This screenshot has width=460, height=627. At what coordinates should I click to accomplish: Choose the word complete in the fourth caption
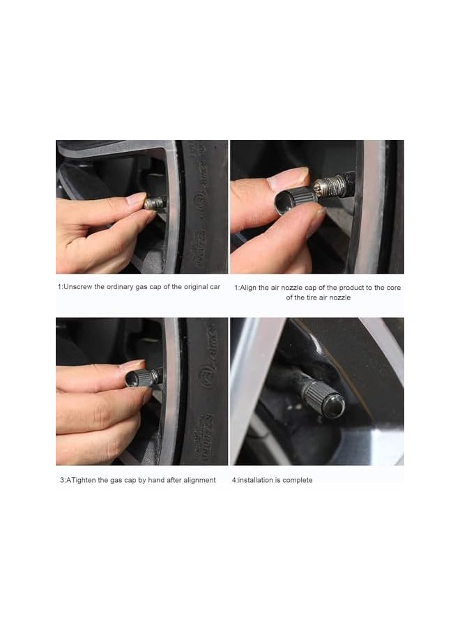(299, 480)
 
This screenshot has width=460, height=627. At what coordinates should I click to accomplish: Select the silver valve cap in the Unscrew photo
(155, 203)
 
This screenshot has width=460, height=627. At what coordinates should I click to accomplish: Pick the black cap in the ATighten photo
(141, 378)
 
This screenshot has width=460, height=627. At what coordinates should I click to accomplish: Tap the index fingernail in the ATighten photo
(131, 365)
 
